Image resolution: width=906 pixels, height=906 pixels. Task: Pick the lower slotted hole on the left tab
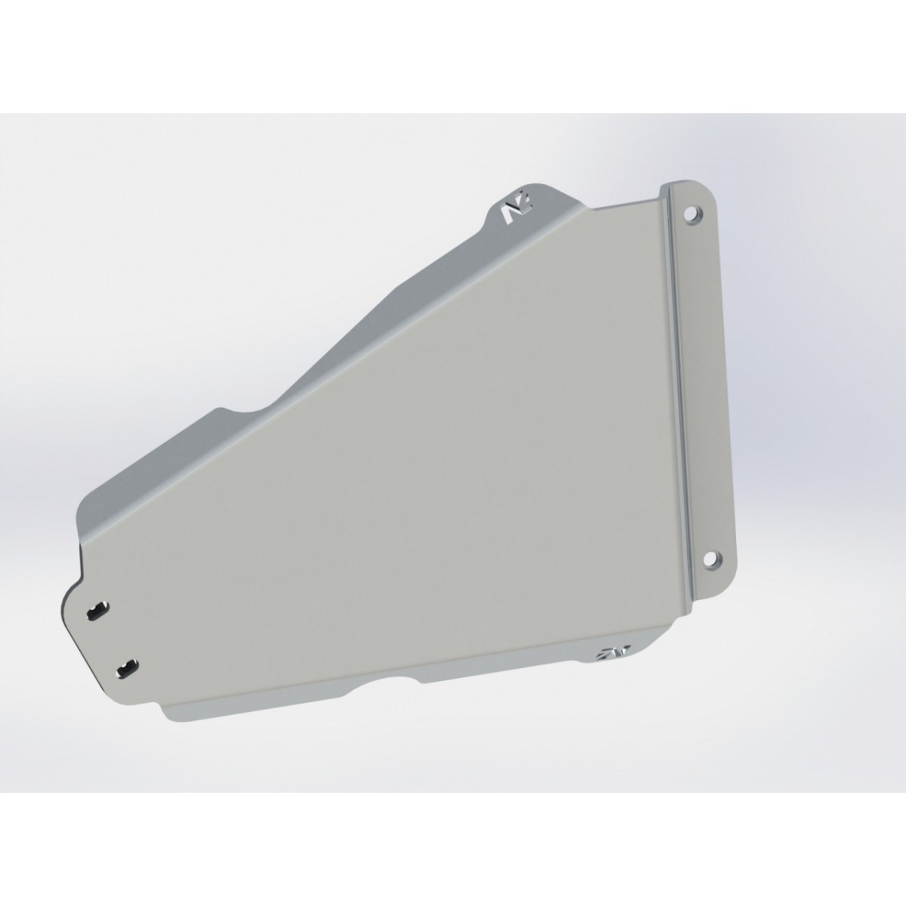point(128,667)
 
